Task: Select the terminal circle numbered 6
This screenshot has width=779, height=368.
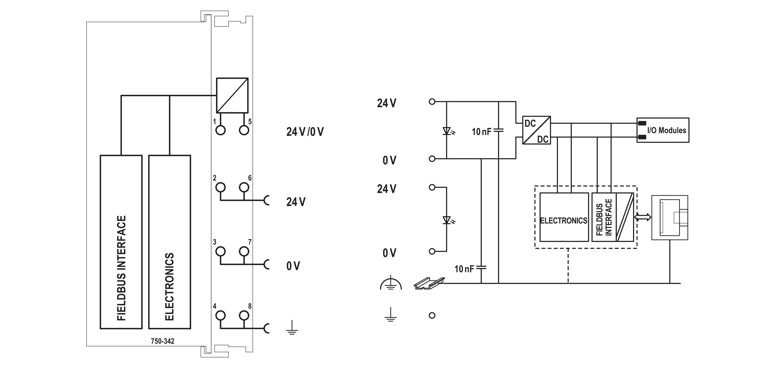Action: pyautogui.click(x=244, y=187)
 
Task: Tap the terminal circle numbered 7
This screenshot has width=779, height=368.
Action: pyautogui.click(x=244, y=251)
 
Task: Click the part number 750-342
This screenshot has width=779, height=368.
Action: pyautogui.click(x=163, y=341)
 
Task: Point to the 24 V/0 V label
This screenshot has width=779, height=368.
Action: pyautogui.click(x=305, y=132)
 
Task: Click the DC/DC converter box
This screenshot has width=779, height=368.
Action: pyautogui.click(x=536, y=130)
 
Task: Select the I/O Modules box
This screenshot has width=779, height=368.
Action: pyautogui.click(x=663, y=130)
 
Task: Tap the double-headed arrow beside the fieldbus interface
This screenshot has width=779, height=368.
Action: pyautogui.click(x=643, y=217)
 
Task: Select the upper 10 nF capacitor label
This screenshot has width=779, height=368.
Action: pyautogui.click(x=481, y=132)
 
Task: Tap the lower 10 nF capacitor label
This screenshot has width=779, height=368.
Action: pyautogui.click(x=464, y=269)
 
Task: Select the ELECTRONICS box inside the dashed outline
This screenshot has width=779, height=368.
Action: pyautogui.click(x=564, y=217)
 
